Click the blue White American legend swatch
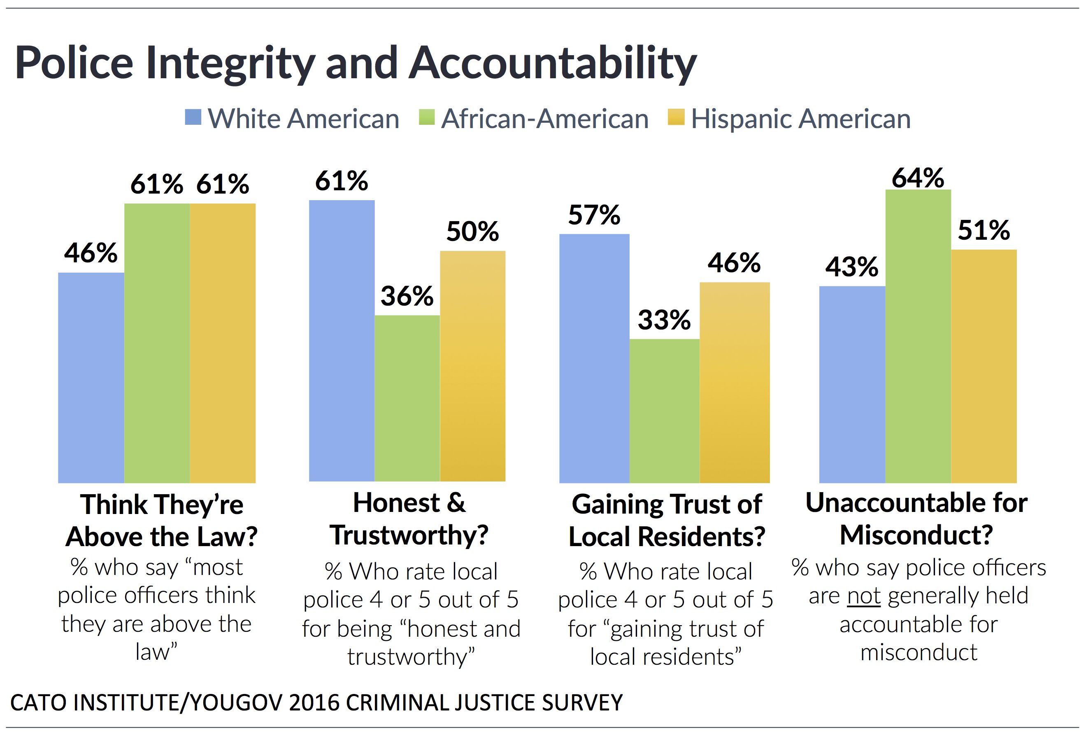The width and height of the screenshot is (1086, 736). [193, 117]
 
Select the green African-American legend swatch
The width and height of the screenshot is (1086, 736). [427, 117]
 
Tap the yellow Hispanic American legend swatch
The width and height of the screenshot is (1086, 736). [676, 117]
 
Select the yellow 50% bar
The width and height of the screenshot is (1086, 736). [472, 366]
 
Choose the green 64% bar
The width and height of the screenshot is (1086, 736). [918, 336]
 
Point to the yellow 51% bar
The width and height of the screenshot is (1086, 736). [984, 366]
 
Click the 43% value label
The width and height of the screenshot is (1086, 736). [851, 266]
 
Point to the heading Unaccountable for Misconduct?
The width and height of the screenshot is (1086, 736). [916, 519]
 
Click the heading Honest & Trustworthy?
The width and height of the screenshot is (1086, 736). [409, 519]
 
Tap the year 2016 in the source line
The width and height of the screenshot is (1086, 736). [314, 702]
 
